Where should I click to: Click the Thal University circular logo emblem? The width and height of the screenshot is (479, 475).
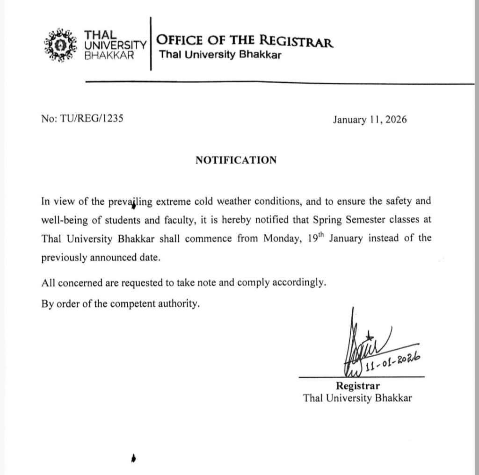(x=59, y=45)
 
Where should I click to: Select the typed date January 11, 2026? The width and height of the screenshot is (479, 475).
(x=370, y=120)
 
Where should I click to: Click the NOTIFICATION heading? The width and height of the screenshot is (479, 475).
(x=236, y=160)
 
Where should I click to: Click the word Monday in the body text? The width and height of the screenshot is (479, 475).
(x=280, y=238)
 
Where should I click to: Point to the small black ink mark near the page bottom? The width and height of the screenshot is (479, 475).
(x=134, y=458)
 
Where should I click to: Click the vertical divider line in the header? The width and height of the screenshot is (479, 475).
(x=151, y=44)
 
